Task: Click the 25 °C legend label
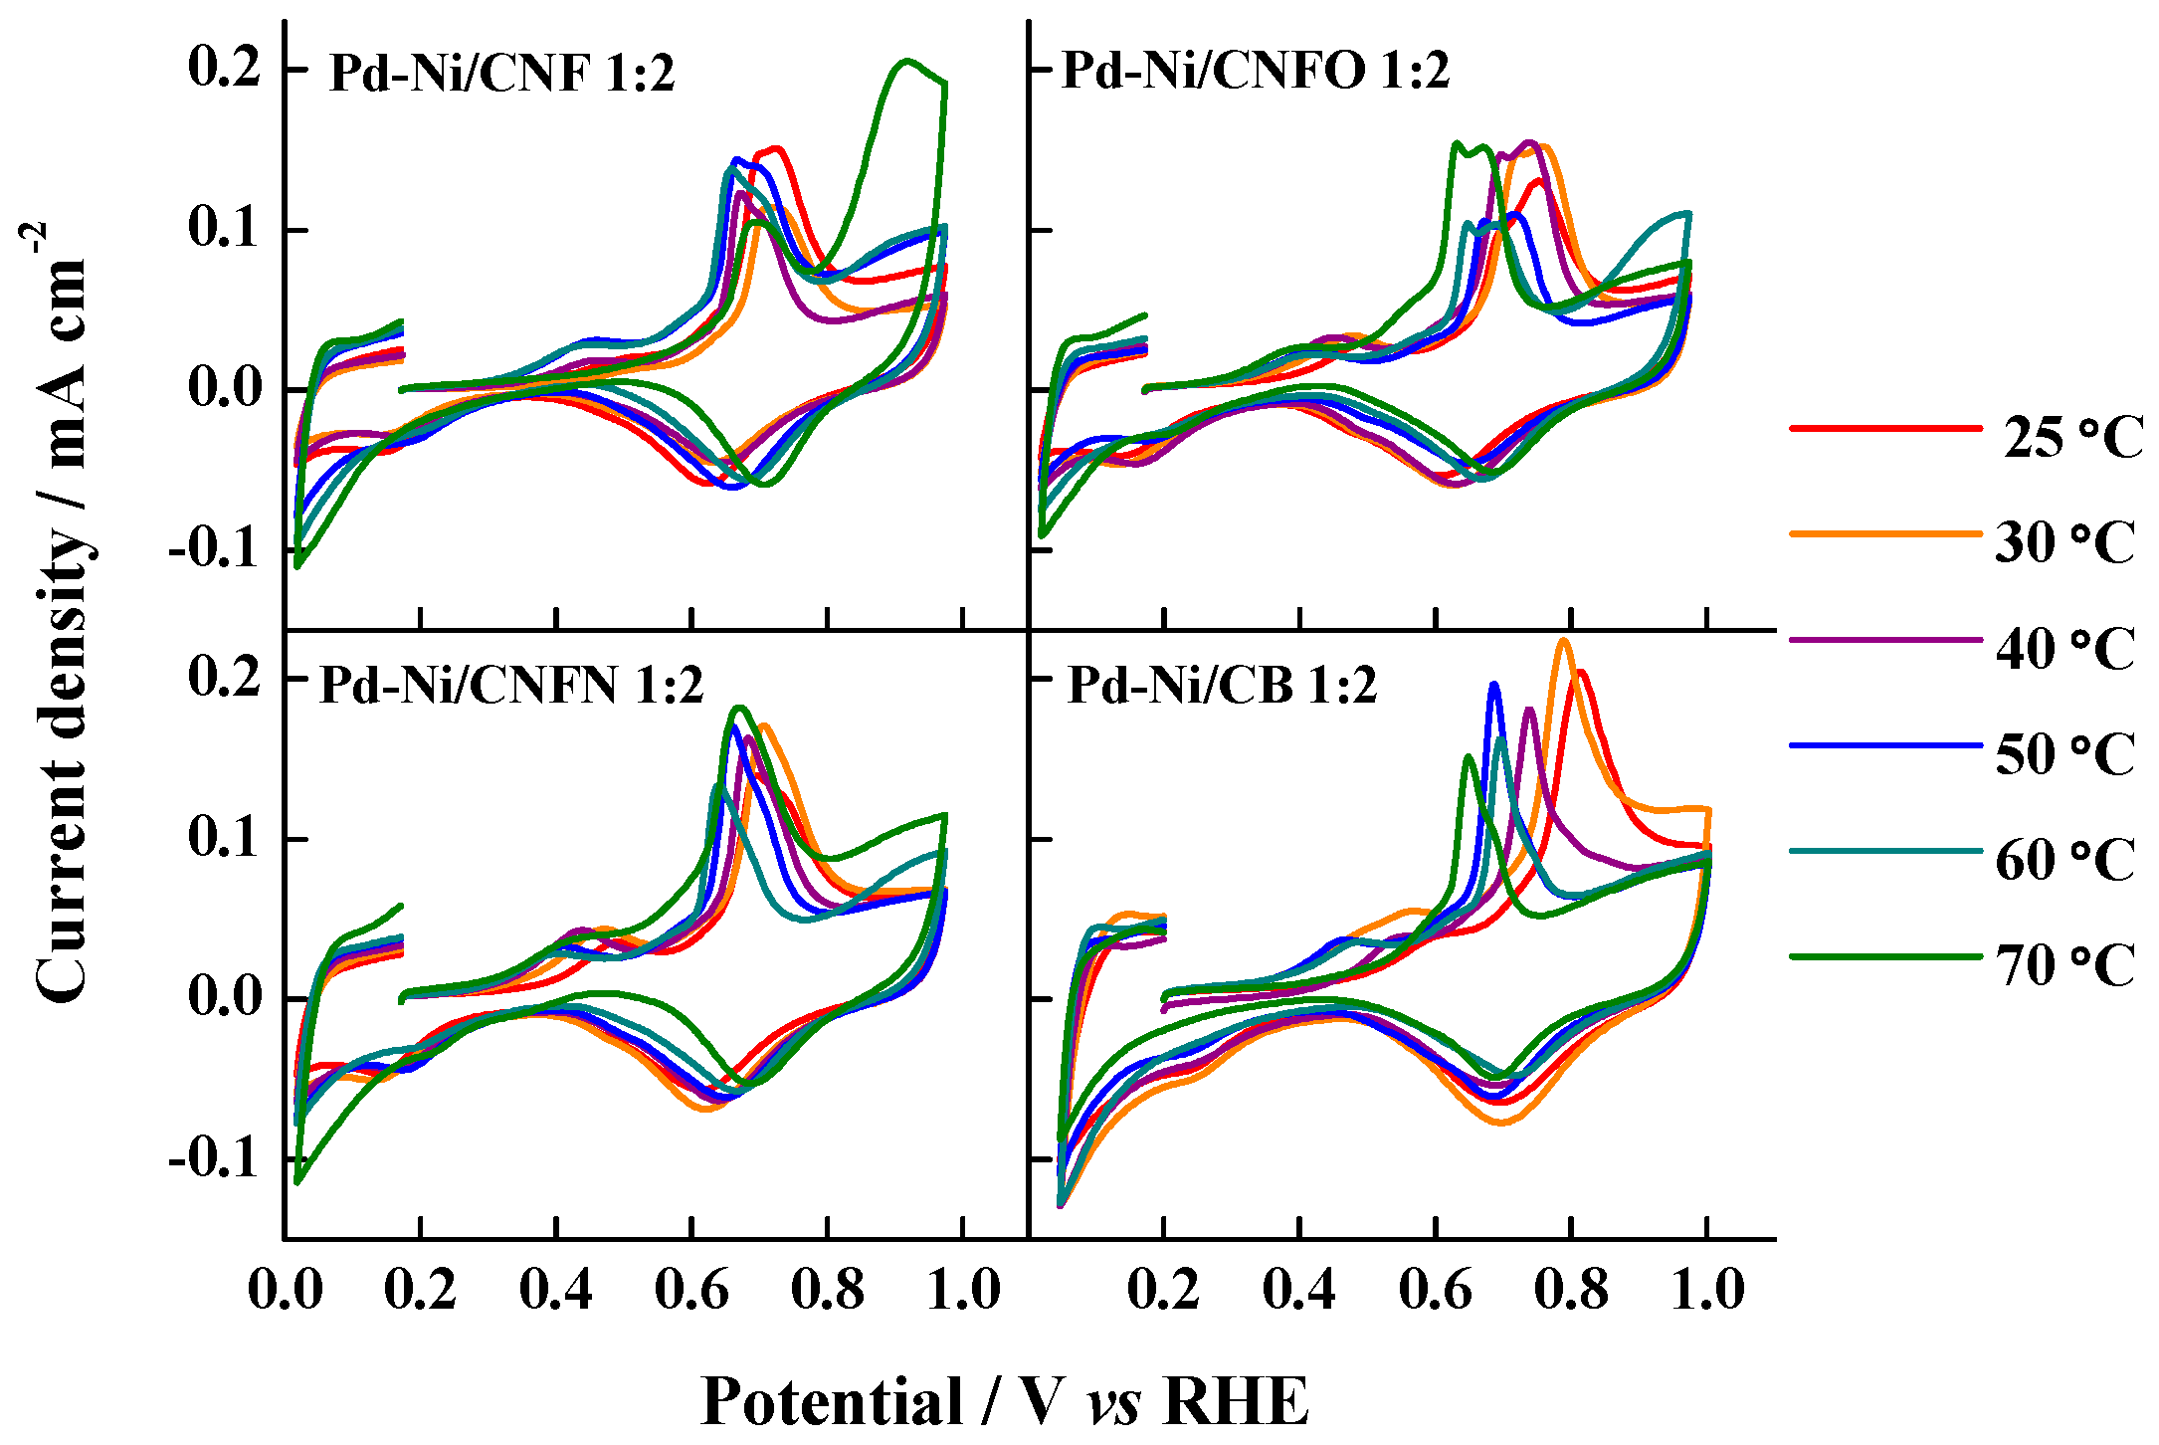pos(2071,438)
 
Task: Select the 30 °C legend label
pos(2064,542)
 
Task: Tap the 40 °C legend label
pos(2064,649)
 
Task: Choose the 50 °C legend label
pos(2064,754)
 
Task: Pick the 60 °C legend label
pos(2064,860)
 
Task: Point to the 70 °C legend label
pos(2064,965)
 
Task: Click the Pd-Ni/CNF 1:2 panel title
pos(501,73)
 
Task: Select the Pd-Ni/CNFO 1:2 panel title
pos(1256,70)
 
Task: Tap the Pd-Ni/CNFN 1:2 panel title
pos(511,685)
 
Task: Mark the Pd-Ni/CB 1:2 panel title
pos(1222,685)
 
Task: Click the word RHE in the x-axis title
pos(1235,1401)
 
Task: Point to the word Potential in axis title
pos(832,1401)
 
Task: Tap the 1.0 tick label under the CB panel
pos(1707,1290)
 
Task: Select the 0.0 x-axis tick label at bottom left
pos(286,1290)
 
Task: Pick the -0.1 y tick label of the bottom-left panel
pos(215,1158)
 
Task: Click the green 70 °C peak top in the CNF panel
pos(906,61)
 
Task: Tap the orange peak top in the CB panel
pos(1564,640)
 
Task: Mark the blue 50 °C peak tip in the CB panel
pos(1493,684)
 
